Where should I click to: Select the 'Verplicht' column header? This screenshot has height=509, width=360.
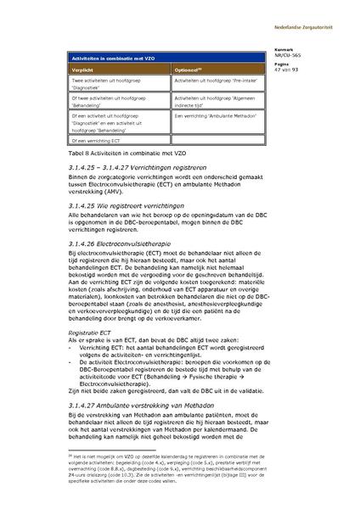84,69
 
